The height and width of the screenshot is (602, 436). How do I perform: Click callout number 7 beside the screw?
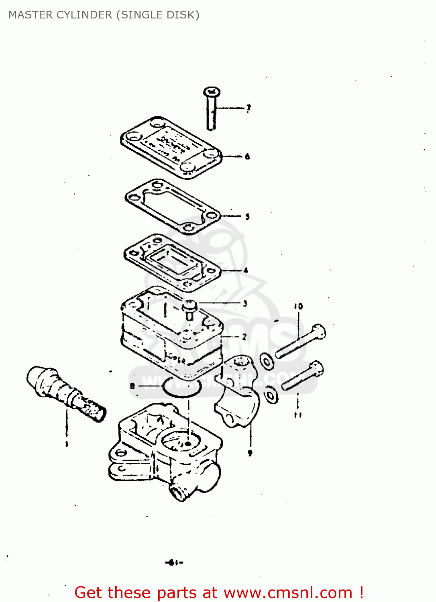(249, 108)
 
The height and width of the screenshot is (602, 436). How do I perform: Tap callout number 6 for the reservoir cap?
(247, 157)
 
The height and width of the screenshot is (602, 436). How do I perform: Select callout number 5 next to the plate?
(247, 217)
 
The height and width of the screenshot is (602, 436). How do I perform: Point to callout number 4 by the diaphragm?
(246, 270)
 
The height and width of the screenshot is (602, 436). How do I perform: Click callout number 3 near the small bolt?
(245, 303)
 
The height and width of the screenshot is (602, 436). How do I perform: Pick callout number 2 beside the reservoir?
(244, 337)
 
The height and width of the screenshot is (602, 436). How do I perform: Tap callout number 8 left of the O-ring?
(132, 386)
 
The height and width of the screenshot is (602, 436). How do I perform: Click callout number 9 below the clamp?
(250, 453)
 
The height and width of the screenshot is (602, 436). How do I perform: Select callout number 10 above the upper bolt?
(298, 307)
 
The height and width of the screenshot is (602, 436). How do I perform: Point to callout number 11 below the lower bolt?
(297, 415)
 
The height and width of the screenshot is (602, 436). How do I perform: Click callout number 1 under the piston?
(67, 444)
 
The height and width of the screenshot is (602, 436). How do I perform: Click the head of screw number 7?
(212, 92)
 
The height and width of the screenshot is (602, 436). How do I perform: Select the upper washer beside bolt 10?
(267, 362)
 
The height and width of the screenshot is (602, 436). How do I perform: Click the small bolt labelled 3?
(189, 309)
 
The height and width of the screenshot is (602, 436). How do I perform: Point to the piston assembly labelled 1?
(64, 391)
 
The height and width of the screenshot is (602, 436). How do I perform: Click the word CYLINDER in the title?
(84, 15)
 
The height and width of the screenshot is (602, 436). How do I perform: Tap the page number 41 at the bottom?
(174, 562)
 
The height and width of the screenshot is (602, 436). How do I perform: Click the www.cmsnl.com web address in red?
(288, 593)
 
